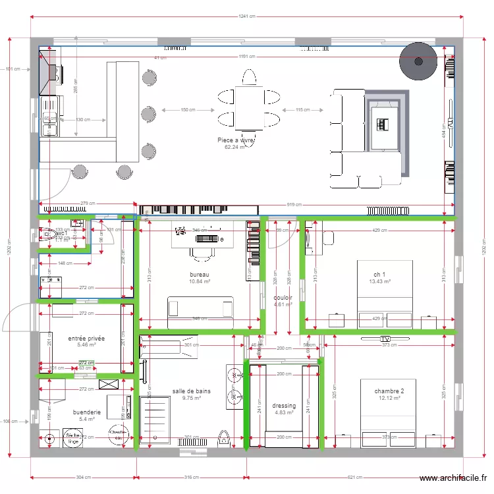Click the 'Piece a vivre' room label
(x=235, y=140)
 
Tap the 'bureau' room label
(x=200, y=274)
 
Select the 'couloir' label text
(x=283, y=297)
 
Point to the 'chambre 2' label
(x=390, y=391)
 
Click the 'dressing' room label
(x=284, y=406)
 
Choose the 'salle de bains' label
(x=192, y=391)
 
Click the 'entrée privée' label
(x=86, y=337)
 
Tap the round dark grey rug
(x=418, y=62)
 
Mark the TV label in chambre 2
(x=385, y=339)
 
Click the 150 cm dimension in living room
(x=188, y=110)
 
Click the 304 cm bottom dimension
(x=83, y=478)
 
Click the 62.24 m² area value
(x=234, y=148)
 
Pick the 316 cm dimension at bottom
(x=191, y=478)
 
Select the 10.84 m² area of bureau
(x=200, y=281)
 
